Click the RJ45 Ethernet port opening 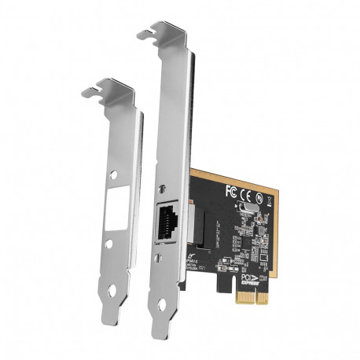(x=166, y=222)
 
